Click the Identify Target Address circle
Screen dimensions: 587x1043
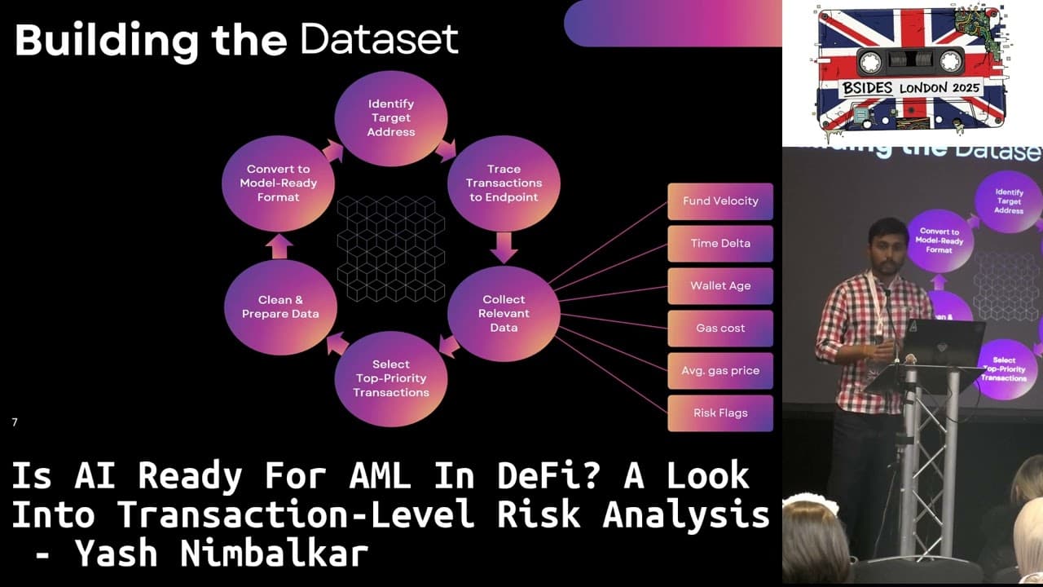pos(391,118)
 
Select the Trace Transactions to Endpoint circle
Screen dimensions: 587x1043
pos(503,183)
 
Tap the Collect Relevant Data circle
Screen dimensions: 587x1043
pos(504,313)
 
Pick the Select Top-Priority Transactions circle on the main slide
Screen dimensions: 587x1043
pos(391,378)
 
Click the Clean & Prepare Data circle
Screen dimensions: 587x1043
pos(279,307)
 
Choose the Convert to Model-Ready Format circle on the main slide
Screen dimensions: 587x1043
pos(279,183)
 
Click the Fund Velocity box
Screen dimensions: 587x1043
pos(720,201)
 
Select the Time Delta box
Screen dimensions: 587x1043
pos(720,244)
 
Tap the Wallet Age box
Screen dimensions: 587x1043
pos(720,286)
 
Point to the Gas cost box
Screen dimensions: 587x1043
pos(720,329)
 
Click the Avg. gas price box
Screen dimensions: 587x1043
pos(720,371)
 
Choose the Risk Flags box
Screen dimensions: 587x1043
pos(720,413)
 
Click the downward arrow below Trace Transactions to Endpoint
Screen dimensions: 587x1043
pos(504,247)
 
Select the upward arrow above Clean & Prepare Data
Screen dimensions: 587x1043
pos(279,246)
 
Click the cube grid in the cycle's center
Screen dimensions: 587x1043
pos(391,249)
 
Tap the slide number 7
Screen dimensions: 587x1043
pos(15,422)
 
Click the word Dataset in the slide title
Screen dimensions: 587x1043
pos(379,39)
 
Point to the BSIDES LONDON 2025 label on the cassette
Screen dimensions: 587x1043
pos(911,88)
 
